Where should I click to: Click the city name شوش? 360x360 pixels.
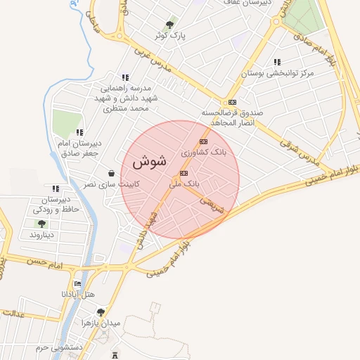click(x=149, y=161)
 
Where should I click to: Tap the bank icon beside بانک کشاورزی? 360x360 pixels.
click(x=204, y=141)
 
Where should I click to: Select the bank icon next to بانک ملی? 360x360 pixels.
click(x=184, y=173)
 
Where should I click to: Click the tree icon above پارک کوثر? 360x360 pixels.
click(x=169, y=25)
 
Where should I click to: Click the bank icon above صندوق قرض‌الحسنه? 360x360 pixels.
click(x=233, y=101)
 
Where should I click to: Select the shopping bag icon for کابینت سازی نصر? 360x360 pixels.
click(x=111, y=173)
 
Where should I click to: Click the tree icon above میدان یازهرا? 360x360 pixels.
click(x=101, y=311)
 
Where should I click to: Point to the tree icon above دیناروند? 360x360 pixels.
click(x=41, y=224)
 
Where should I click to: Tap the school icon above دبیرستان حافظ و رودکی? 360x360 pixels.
click(x=56, y=188)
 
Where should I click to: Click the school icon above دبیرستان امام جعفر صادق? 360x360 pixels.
click(x=80, y=132)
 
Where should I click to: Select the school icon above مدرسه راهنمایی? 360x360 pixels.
click(x=125, y=77)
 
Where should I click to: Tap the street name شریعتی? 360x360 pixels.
click(x=212, y=204)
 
